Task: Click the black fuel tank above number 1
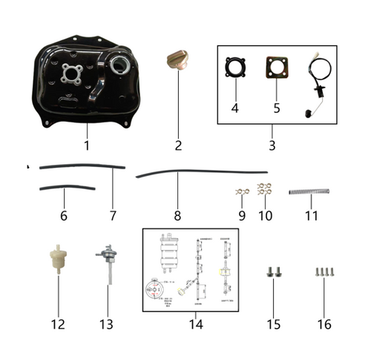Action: click(x=85, y=89)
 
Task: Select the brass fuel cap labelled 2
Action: click(x=177, y=60)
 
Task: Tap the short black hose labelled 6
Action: click(x=67, y=189)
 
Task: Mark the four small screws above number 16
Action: click(x=324, y=272)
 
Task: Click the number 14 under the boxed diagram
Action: click(x=194, y=324)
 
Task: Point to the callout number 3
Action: click(x=272, y=145)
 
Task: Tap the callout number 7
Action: click(x=113, y=216)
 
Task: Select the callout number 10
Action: click(x=265, y=216)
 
